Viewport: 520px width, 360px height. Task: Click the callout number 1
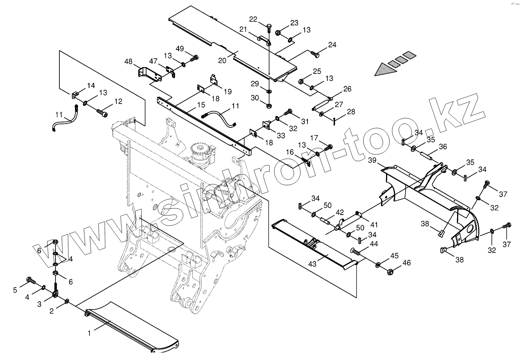(89, 333)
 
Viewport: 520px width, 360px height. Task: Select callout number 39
(372, 161)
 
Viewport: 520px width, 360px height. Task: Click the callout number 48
(128, 61)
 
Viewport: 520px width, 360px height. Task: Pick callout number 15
(201, 105)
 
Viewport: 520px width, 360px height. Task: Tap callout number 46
(407, 263)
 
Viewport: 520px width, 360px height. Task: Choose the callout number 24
(332, 45)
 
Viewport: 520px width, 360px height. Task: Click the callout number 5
(15, 290)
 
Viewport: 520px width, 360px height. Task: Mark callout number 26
(347, 89)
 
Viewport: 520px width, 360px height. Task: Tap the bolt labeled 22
(269, 28)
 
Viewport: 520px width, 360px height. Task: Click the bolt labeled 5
(30, 280)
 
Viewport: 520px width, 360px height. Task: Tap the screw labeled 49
(194, 58)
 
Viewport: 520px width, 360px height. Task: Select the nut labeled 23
(279, 32)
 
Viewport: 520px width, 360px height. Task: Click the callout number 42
(340, 213)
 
